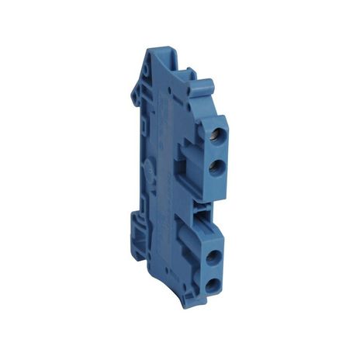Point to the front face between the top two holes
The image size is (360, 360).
click(215, 151)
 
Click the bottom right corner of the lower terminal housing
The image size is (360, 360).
click(225, 292)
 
